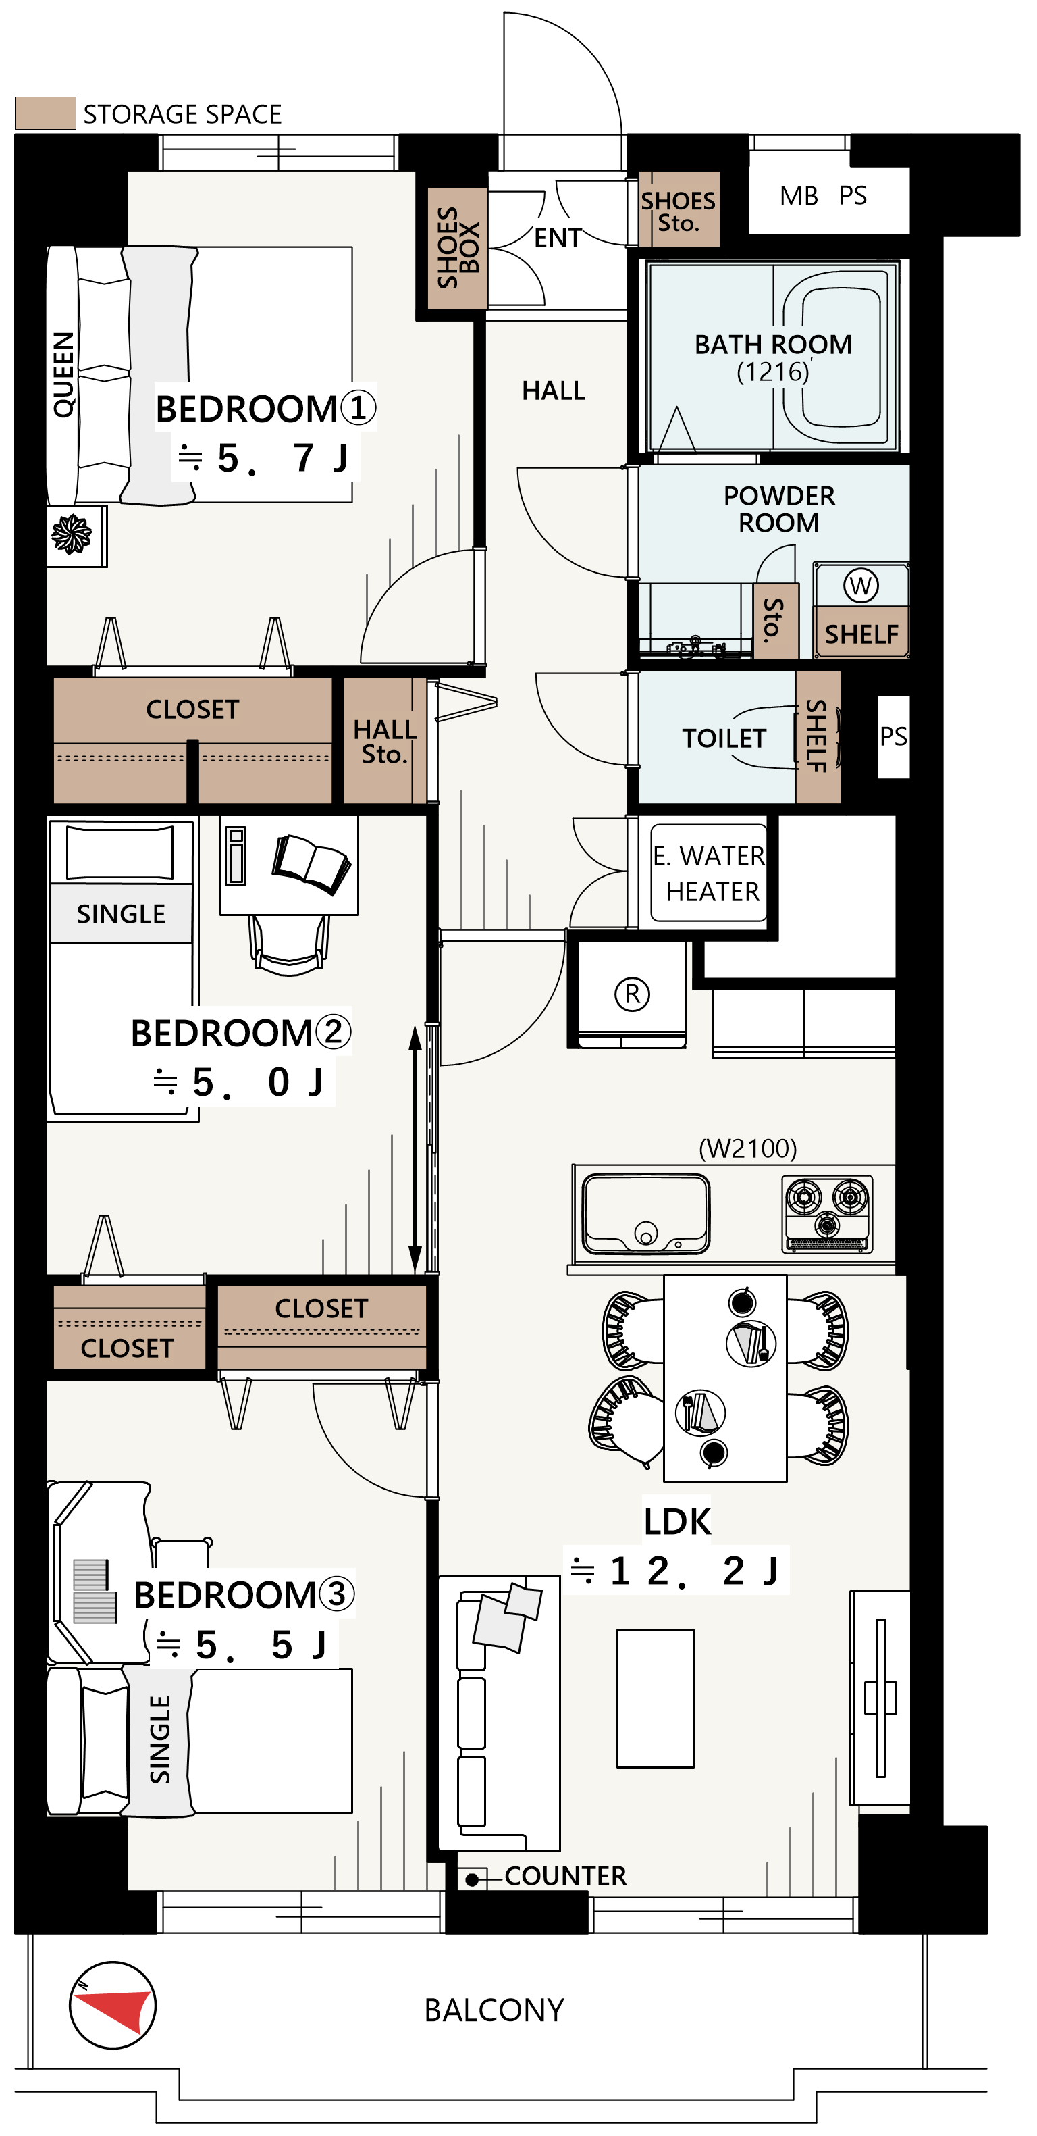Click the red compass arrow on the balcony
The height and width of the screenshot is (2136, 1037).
[116, 2007]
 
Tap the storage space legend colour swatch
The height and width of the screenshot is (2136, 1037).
[46, 113]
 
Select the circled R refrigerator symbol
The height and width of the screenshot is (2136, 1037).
[633, 994]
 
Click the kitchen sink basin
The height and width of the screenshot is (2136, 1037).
[645, 1213]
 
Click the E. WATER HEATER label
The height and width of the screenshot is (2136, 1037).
[710, 873]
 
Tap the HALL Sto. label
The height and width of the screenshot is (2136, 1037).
[383, 741]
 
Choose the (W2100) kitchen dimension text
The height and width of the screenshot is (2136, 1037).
[747, 1148]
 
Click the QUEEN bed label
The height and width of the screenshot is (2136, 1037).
[63, 374]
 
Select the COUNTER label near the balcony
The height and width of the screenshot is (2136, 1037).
[565, 1876]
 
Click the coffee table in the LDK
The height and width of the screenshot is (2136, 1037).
[655, 1698]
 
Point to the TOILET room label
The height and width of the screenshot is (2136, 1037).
[724, 738]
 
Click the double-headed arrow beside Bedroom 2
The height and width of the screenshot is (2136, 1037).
[415, 1149]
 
